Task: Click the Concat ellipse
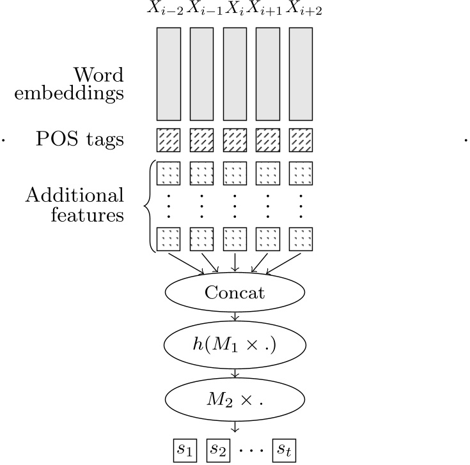click(235, 293)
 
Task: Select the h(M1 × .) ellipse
click(235, 346)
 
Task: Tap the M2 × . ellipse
click(235, 399)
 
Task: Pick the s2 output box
click(217, 450)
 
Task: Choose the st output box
click(285, 450)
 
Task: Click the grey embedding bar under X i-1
click(201, 74)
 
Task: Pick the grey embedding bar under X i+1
click(268, 74)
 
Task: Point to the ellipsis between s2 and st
click(251, 450)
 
